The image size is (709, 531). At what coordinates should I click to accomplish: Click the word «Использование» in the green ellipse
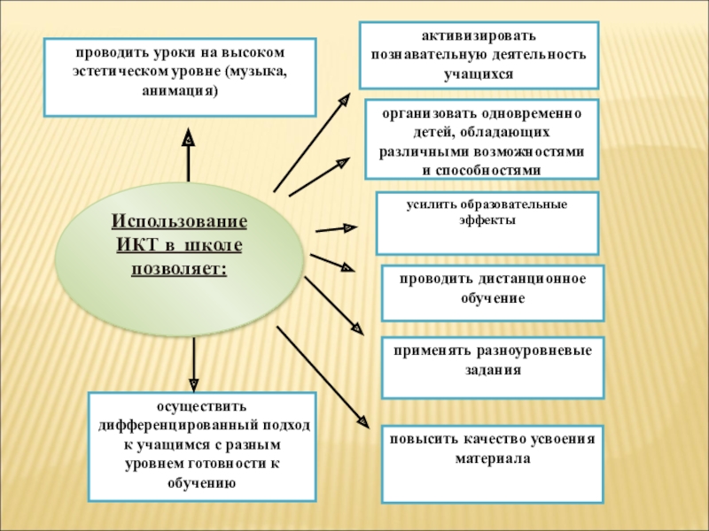click(x=179, y=220)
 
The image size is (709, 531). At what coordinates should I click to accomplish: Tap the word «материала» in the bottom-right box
click(x=493, y=459)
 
